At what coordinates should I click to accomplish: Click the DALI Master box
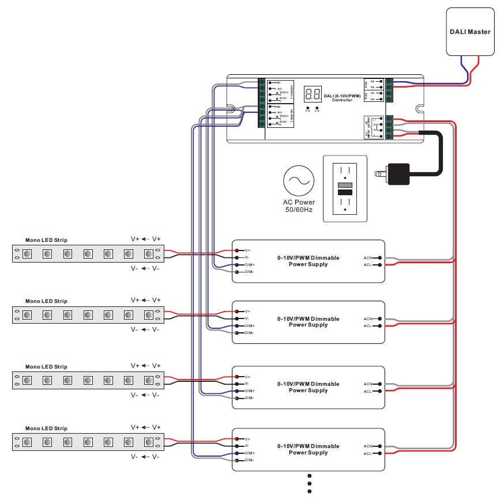click(470, 32)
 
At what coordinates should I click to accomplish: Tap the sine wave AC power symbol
click(299, 181)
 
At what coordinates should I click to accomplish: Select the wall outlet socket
click(344, 188)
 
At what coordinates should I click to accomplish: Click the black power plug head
click(398, 173)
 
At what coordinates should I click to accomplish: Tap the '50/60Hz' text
click(299, 210)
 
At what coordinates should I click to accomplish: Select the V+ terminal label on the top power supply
click(247, 251)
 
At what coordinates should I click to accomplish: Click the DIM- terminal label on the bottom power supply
click(249, 460)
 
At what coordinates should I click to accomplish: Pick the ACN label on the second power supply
click(368, 318)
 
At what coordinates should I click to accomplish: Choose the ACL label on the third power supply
click(368, 391)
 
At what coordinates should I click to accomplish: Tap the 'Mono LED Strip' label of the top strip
click(46, 240)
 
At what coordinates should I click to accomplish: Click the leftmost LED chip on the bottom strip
click(27, 442)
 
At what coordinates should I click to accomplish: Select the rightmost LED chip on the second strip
click(149, 314)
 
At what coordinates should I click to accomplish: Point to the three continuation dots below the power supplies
click(310, 483)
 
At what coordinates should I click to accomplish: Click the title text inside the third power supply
click(308, 387)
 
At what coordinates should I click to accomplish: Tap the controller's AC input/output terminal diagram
click(371, 127)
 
